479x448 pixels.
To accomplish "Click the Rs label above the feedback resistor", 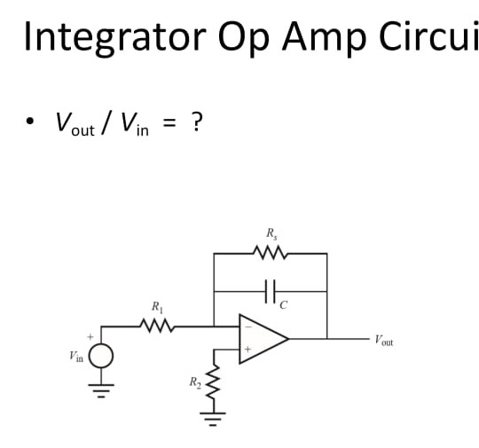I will pos(271,234).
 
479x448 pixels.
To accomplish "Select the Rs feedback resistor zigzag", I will pos(271,254).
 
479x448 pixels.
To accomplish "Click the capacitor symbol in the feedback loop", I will pos(271,290).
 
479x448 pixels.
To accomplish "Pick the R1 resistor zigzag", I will pos(158,325).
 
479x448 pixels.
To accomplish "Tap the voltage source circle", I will pos(101,356).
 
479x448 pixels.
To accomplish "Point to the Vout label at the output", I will pos(383,339).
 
